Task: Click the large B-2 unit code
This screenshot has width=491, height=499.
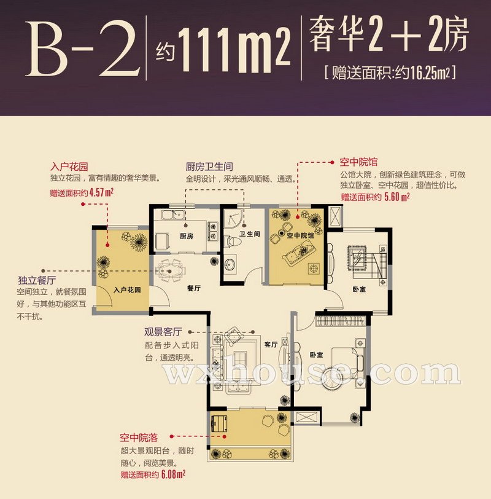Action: tap(83, 49)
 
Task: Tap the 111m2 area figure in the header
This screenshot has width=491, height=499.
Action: tap(234, 50)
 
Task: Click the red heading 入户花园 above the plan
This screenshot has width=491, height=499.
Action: tap(69, 167)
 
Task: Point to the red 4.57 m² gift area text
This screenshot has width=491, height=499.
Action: tap(102, 192)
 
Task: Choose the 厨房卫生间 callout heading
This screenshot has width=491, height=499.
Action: tap(209, 167)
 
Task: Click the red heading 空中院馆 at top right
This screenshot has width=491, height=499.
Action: tap(358, 162)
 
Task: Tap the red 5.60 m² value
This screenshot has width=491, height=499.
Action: tap(397, 197)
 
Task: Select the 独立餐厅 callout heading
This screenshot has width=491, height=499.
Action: tap(37, 280)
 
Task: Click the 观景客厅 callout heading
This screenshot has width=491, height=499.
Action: tap(163, 332)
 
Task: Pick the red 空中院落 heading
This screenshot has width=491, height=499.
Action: tap(139, 438)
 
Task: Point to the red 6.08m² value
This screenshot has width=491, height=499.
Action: tap(173, 474)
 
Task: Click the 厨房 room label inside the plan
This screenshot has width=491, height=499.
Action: tap(186, 236)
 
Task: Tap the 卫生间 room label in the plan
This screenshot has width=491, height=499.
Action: tap(249, 234)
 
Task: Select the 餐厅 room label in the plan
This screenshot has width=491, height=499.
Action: tap(194, 288)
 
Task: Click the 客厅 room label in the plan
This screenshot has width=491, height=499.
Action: tap(271, 344)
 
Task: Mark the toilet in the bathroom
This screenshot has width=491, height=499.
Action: tap(233, 242)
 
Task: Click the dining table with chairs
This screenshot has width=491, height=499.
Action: tap(170, 271)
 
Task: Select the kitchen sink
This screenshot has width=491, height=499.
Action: tap(173, 215)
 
